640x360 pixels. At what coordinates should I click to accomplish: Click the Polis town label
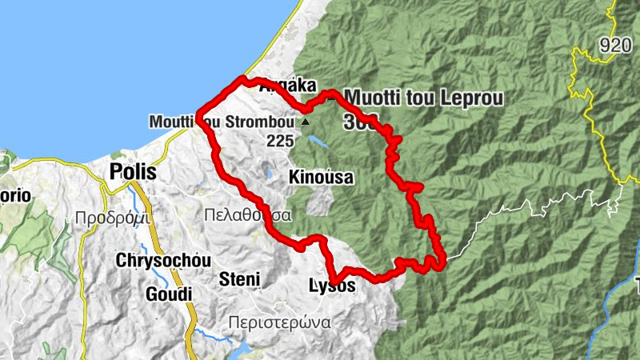134,173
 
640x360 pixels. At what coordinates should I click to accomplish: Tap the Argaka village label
289,87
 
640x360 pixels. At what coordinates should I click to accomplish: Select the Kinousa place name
322,177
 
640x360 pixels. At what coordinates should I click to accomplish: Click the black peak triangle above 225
305,123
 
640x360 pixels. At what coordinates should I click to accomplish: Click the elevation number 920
615,45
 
